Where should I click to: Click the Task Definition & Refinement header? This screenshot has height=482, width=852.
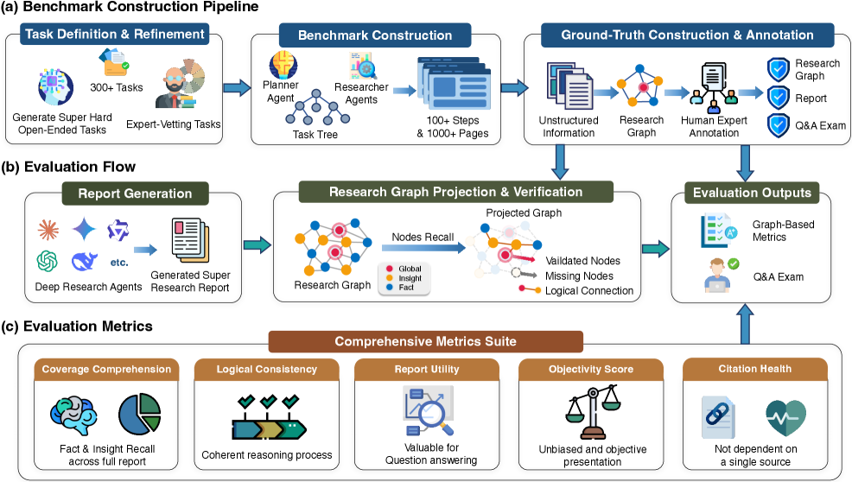[115, 34]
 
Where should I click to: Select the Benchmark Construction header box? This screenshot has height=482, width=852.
[375, 35]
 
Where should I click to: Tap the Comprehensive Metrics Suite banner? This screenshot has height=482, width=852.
[425, 341]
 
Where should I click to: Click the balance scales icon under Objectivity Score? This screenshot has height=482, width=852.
[592, 412]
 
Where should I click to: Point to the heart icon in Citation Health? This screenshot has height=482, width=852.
[785, 418]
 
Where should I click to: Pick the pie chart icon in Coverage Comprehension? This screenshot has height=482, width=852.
[140, 414]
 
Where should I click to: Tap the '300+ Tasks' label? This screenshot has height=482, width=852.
[117, 87]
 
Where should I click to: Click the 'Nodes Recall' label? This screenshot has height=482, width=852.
[423, 237]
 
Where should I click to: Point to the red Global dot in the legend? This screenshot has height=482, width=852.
[390, 269]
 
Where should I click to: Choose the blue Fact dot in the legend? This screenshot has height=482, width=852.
[390, 287]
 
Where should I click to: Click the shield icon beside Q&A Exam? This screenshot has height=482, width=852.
[778, 125]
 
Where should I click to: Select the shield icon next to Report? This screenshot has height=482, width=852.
[778, 98]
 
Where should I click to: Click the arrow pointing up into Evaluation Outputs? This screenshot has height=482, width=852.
[744, 324]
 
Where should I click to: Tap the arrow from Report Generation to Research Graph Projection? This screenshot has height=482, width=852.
[257, 245]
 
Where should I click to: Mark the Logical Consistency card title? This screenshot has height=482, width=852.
[267, 369]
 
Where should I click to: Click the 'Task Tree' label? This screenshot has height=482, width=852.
[315, 134]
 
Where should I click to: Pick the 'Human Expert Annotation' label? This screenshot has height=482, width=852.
[714, 127]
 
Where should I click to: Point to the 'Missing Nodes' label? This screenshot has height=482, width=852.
[579, 276]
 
